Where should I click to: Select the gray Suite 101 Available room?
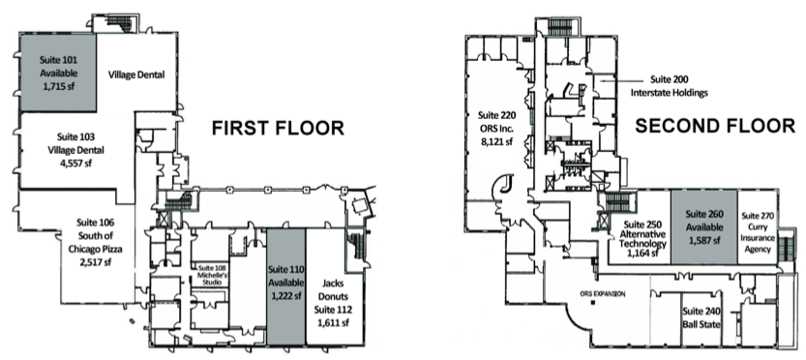coord(59,73)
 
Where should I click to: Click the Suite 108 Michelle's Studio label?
coord(213,274)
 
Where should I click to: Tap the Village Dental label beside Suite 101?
coord(136,74)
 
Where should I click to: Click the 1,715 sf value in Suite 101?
coord(59,85)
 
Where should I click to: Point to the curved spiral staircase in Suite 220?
coord(504,184)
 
